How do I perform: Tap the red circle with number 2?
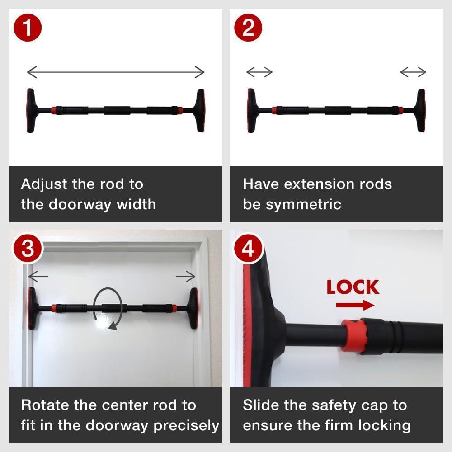(249, 28)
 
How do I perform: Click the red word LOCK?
(353, 287)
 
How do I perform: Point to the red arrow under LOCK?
(355, 306)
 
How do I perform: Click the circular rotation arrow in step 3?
(108, 308)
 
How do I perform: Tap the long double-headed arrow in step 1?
(116, 71)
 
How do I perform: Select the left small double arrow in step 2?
(259, 71)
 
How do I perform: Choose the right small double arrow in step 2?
(413, 71)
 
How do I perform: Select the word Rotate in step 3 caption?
(45, 405)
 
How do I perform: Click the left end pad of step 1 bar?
(31, 110)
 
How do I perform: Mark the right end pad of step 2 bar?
(420, 110)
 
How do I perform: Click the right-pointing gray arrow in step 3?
(185, 276)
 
